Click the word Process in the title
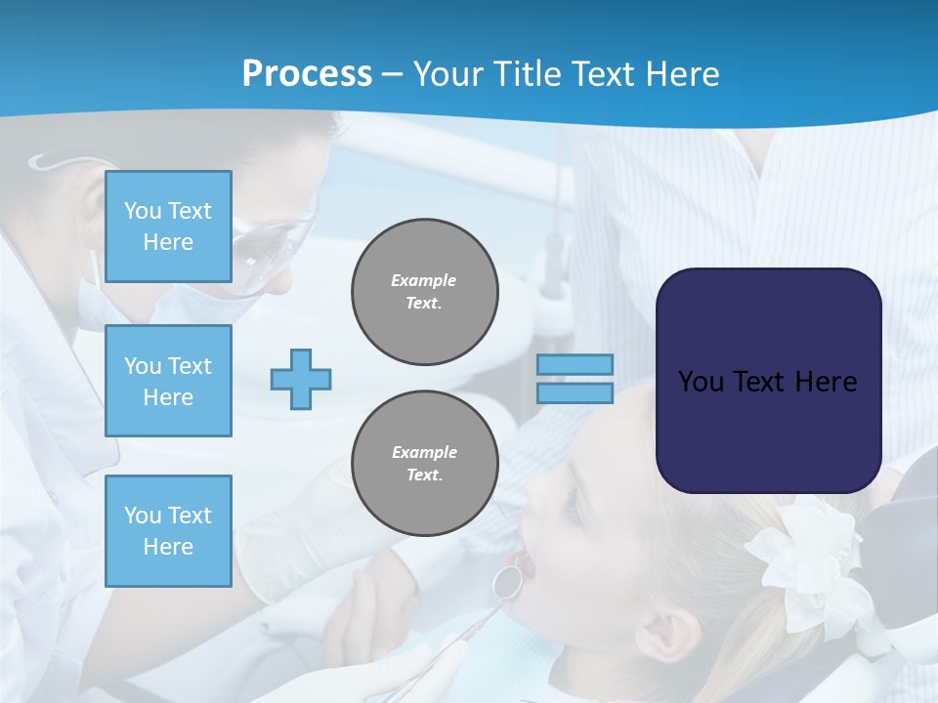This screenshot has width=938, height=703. (307, 74)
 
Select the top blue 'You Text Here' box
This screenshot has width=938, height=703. (168, 227)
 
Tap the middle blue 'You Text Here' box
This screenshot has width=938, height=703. (168, 381)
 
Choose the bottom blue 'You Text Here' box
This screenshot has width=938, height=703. (168, 530)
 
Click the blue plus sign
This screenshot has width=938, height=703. (301, 379)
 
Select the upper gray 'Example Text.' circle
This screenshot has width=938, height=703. (424, 292)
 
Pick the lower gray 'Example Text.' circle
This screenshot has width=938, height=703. (424, 463)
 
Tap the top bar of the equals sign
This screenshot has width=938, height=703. (575, 365)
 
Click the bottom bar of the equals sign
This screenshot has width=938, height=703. (575, 393)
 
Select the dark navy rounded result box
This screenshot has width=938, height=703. (768, 381)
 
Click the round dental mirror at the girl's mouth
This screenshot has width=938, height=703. (506, 581)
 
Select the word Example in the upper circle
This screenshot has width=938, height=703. (424, 280)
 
